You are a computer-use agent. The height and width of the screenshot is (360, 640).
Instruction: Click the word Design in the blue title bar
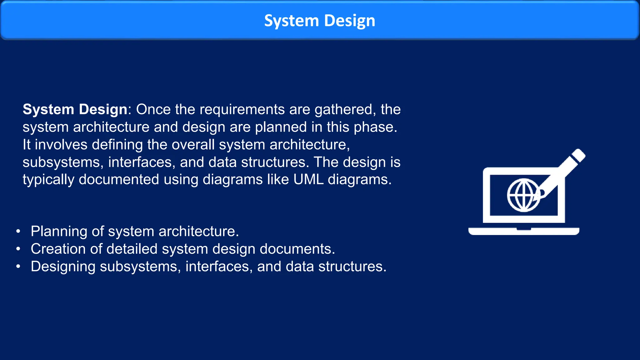click(x=349, y=21)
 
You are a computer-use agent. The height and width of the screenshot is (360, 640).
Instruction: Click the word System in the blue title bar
click(x=291, y=21)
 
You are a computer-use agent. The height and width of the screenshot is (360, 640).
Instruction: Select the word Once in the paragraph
click(x=153, y=109)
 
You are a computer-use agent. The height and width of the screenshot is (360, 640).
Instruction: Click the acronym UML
click(x=308, y=180)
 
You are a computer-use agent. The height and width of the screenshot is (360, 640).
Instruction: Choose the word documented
click(x=119, y=180)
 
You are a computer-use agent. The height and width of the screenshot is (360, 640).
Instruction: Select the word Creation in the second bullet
click(x=58, y=249)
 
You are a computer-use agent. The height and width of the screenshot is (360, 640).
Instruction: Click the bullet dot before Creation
click(x=18, y=249)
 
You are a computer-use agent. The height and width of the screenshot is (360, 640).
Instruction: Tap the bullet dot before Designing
click(x=18, y=267)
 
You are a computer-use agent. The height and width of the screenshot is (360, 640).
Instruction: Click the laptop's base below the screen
click(x=524, y=232)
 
